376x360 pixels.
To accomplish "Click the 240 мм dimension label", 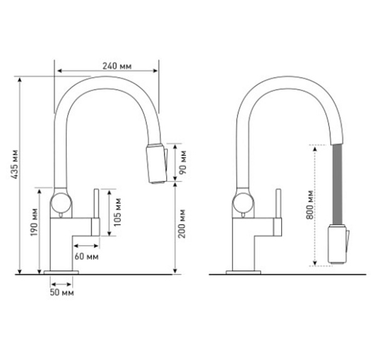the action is [117, 66].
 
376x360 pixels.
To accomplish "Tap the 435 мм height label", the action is [15, 164].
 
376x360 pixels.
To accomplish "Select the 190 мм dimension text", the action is [34, 222].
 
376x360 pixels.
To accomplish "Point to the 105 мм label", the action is [117, 212].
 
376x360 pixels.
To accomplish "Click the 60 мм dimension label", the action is [86, 257].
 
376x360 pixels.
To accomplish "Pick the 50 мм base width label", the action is [62, 292].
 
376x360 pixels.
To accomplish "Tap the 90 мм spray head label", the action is [182, 162].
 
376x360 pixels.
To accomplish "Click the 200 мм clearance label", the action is [182, 224].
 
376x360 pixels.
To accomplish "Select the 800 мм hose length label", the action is [310, 205].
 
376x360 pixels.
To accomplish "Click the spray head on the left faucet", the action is [157, 164].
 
